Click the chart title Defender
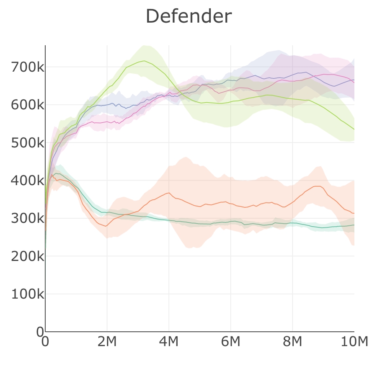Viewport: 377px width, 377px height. tap(188, 17)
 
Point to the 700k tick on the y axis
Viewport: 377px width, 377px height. tap(28, 67)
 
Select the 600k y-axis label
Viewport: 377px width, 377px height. tap(28, 105)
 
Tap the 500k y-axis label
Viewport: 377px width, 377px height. tap(28, 143)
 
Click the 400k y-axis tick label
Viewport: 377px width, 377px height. tap(28, 181)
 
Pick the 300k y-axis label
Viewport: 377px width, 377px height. tap(28, 218)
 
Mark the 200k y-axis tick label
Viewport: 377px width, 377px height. tap(28, 256)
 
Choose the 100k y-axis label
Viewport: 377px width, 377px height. tap(28, 294)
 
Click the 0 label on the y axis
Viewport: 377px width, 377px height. tap(40, 332)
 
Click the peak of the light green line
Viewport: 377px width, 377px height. tap(144, 61)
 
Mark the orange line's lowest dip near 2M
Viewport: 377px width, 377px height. tap(106, 226)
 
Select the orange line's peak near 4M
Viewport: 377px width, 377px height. tap(168, 193)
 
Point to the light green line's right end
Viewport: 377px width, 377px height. tap(354, 129)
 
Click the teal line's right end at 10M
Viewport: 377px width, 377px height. tap(354, 225)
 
